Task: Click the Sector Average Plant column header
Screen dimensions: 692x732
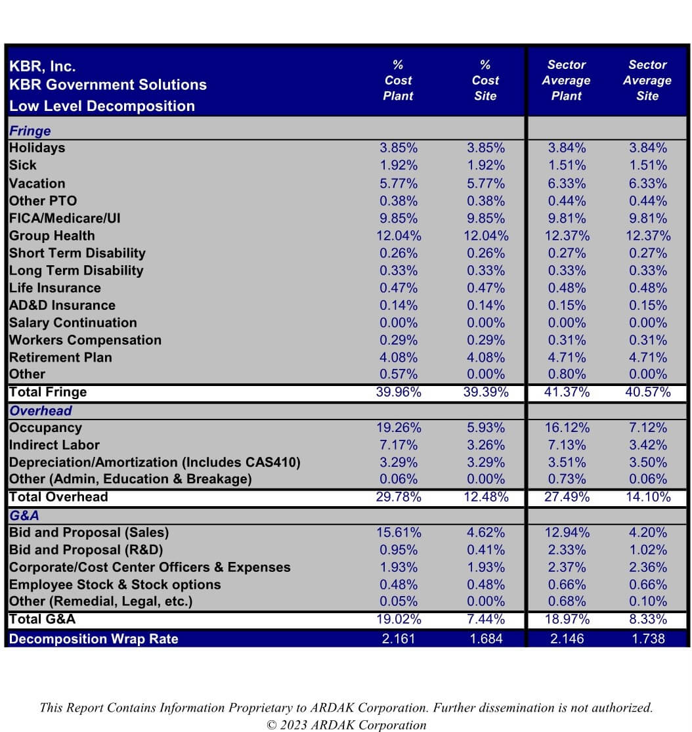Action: [567, 80]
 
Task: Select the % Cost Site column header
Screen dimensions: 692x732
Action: [485, 80]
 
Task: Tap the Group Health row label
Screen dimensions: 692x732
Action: [52, 236]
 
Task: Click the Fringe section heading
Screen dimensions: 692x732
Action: [30, 131]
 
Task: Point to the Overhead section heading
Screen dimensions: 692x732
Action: [41, 411]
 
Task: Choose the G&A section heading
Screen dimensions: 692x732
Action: [24, 515]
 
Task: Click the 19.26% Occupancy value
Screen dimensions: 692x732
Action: [399, 427]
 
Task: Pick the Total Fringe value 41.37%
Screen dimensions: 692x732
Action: [567, 392]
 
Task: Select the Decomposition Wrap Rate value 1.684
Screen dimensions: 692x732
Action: [486, 639]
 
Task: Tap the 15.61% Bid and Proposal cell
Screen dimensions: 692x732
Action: [399, 532]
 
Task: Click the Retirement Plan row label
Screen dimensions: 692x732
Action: [60, 358]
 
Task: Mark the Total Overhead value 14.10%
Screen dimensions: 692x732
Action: [648, 497]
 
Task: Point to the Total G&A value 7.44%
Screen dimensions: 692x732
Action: [486, 620]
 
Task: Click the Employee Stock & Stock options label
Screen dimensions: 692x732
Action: [115, 585]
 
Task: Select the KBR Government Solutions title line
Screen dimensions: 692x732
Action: [108, 85]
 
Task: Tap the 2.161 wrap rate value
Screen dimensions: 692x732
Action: [399, 639]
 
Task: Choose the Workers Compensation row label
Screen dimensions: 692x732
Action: [85, 340]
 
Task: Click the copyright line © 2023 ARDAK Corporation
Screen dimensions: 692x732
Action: [346, 725]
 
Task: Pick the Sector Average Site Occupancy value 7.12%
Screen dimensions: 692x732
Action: [648, 427]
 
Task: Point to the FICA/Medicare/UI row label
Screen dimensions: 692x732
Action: [64, 219]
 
